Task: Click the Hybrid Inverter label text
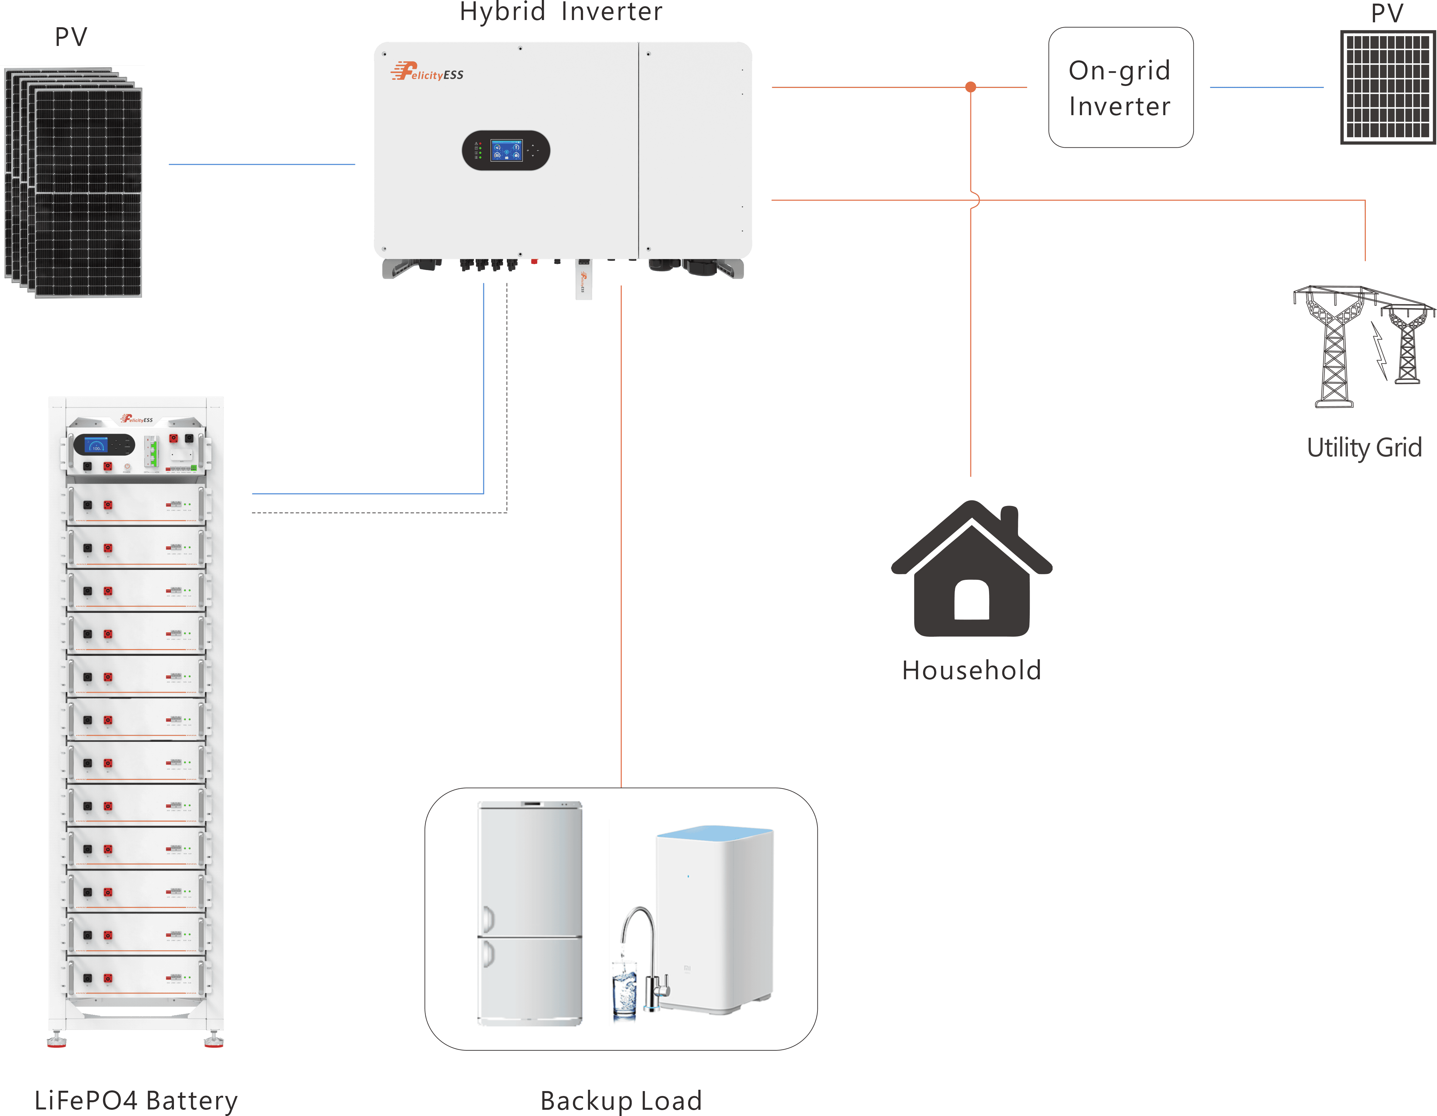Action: point(560,12)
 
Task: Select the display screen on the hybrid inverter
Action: point(506,150)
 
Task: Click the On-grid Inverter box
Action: point(1121,88)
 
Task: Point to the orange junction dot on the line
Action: point(970,87)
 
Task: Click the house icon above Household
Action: point(971,573)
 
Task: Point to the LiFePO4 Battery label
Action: point(136,1100)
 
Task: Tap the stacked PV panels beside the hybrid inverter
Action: point(74,183)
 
